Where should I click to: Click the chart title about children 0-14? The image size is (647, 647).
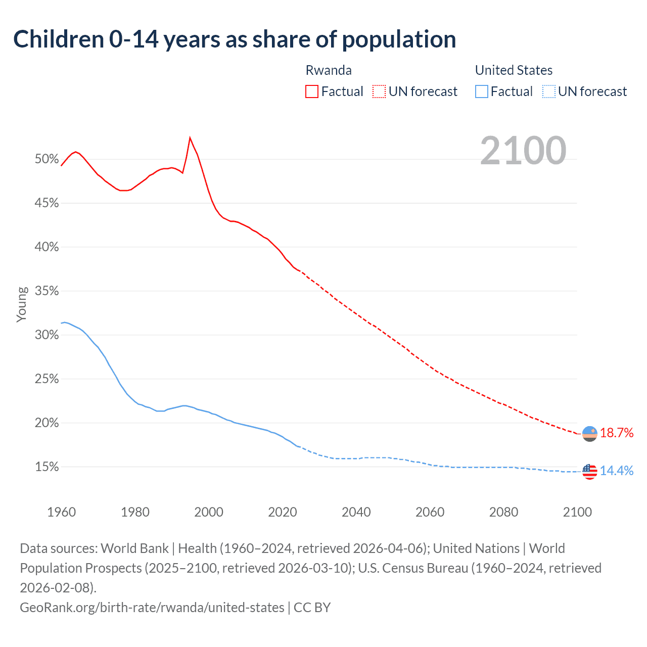coord(235,39)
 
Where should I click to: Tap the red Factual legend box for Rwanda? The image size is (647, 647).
coord(312,91)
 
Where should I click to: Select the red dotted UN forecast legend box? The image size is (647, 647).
coord(379,91)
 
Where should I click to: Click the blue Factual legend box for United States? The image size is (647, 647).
coord(481,91)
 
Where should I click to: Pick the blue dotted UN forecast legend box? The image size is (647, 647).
coord(548,91)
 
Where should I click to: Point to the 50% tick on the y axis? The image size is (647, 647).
coord(47,159)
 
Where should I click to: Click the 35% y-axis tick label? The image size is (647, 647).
coord(47,291)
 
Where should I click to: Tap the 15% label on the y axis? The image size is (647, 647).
coord(47,467)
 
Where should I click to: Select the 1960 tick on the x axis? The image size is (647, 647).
coord(62,512)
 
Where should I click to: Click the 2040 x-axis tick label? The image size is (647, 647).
coord(356,512)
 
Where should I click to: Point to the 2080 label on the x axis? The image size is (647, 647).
coord(503,512)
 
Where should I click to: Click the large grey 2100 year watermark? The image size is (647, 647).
coord(523,151)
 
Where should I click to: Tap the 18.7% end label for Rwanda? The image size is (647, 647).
coord(617,433)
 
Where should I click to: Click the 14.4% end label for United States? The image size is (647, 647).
coord(617,471)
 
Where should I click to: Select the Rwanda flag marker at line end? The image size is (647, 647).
coord(590,434)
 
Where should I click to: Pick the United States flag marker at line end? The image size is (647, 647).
coord(590,472)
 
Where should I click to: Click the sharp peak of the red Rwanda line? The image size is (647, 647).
coord(190,137)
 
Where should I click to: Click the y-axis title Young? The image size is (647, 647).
coord(22,304)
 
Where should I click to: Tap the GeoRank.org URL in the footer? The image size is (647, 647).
coord(152,607)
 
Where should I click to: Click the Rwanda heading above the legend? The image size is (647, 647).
coord(329,70)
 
